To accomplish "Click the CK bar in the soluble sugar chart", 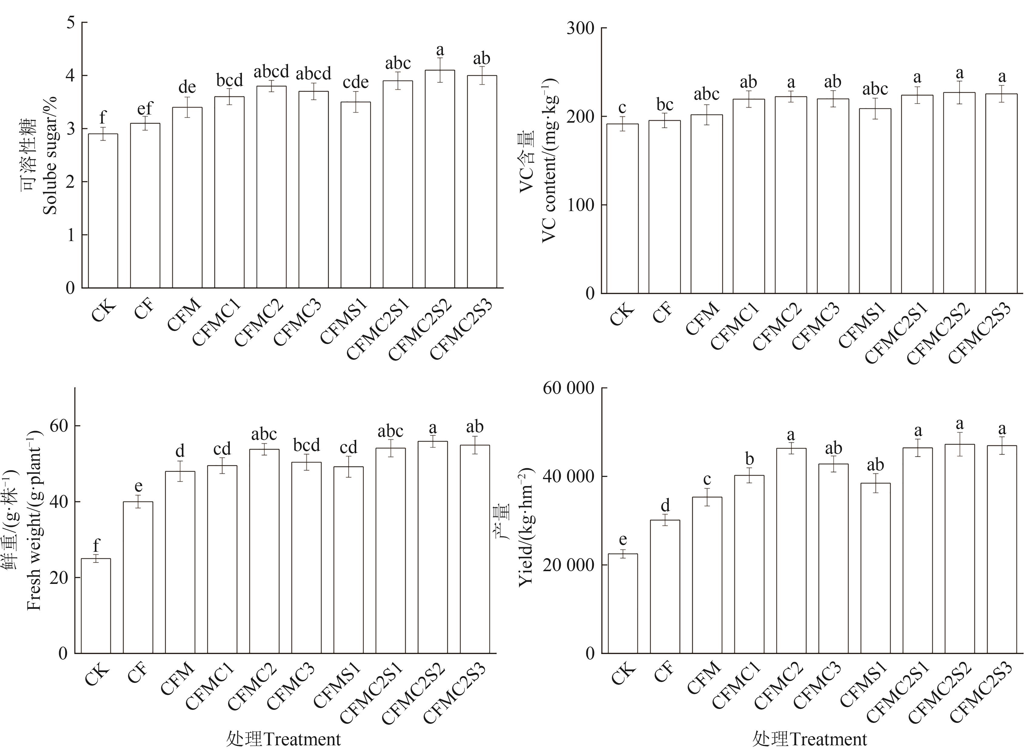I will click(103, 211).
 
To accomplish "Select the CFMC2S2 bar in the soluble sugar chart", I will click(440, 179).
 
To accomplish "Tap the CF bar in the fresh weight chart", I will click(138, 577).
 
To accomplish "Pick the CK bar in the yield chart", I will click(622, 603).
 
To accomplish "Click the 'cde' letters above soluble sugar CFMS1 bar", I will click(355, 82).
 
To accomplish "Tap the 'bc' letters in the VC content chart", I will click(664, 105).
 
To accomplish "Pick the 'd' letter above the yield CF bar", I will click(665, 505).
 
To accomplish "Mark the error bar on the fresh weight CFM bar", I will click(180, 471).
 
